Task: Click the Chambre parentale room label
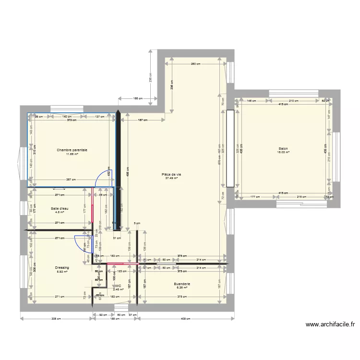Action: pyautogui.click(x=72, y=150)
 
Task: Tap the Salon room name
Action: pyautogui.click(x=283, y=149)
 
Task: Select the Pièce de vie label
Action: pyautogui.click(x=171, y=174)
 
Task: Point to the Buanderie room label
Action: pyautogui.click(x=182, y=284)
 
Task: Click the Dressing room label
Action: pyautogui.click(x=62, y=268)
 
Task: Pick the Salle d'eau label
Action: pyautogui.click(x=60, y=208)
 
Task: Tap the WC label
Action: pyautogui.click(x=118, y=286)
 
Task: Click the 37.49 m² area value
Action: pyautogui.click(x=171, y=178)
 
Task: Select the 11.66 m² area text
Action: pyautogui.click(x=72, y=154)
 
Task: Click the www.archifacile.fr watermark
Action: pyautogui.click(x=331, y=324)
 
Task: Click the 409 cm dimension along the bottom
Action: pyautogui.click(x=185, y=318)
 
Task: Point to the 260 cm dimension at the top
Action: pyautogui.click(x=195, y=64)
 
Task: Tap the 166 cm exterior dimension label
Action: pyautogui.click(x=138, y=98)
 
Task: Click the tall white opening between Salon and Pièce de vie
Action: pyautogui.click(x=230, y=148)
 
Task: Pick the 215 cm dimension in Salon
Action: pyautogui.click(x=301, y=197)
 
